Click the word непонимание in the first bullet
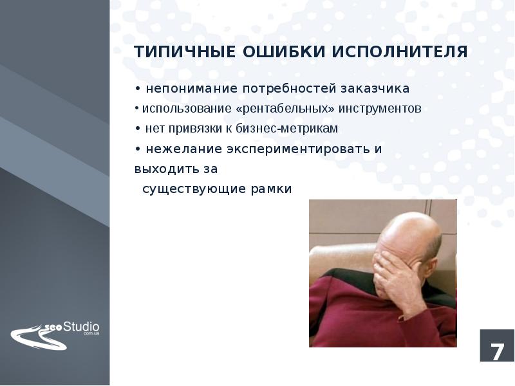click(183, 87)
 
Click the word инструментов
click(384, 108)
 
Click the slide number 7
click(497, 352)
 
